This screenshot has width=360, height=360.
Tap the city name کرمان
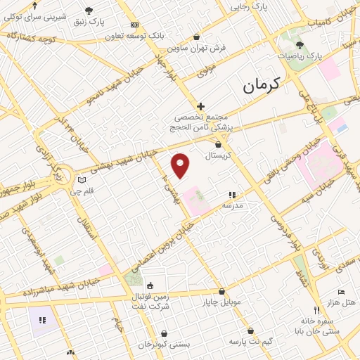262,85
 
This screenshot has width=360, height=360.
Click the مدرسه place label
233,205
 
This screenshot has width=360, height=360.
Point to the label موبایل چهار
222,302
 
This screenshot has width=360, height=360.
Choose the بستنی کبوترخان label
164,345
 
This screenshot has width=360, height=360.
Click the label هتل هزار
342,302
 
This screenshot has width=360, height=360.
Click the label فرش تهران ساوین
196,48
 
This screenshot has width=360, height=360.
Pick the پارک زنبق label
89,22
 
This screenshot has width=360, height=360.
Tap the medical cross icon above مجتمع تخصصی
200,105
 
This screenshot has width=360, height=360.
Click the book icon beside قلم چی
82,180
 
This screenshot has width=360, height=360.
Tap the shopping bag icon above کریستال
218,144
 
